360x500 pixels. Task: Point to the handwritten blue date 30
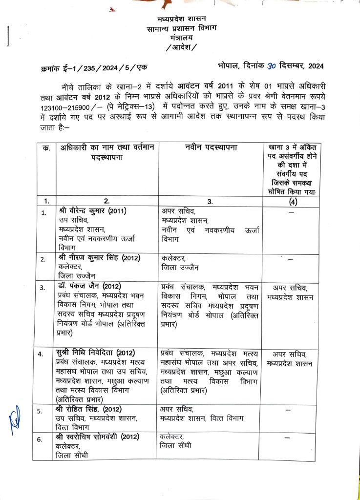point(272,65)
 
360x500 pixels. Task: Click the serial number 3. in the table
point(44,288)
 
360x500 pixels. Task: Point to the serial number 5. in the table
point(44,411)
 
